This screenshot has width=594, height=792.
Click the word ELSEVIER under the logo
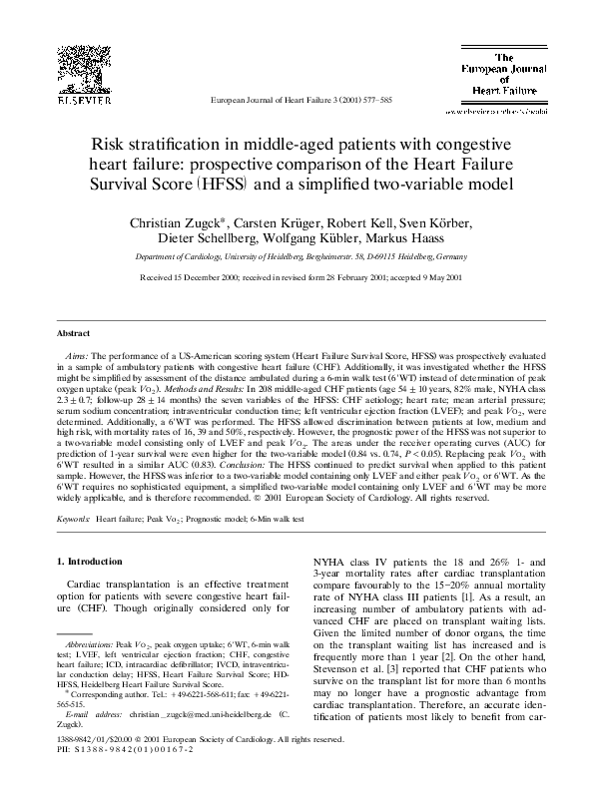[x=70, y=101]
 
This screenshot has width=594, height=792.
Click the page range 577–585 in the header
[x=372, y=102]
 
